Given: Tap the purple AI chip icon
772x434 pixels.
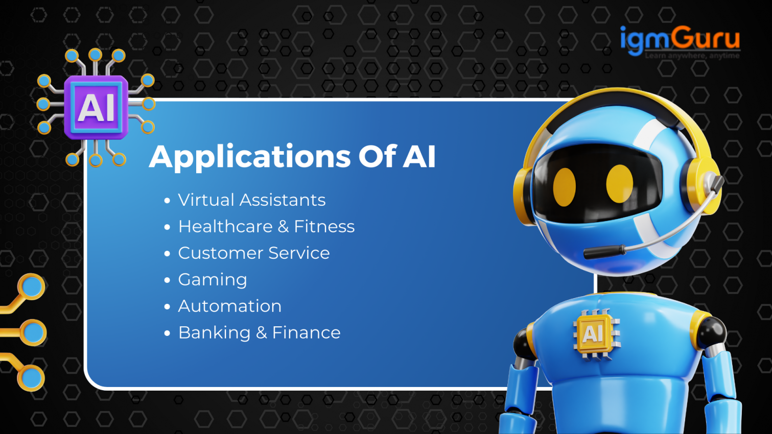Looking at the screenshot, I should coord(96,108).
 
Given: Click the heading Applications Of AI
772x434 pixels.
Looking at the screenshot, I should coord(292,156).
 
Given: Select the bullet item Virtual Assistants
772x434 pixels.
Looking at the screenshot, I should coord(251,200).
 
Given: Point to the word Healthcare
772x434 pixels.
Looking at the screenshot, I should coord(225,226).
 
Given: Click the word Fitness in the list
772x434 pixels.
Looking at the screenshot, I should coord(324,226).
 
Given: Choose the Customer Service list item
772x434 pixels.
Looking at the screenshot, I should coord(253,253).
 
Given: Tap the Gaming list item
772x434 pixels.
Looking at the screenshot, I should coord(212,280).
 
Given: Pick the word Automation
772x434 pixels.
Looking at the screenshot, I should coord(229,306).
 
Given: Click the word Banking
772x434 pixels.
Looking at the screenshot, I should coord(214,333).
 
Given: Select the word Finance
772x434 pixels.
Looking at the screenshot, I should coord(306,333).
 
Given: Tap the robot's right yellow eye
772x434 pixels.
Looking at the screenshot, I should coord(619,183).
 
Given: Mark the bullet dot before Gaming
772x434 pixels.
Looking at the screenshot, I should coord(167,280).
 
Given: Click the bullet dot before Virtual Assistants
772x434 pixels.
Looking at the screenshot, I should coord(167,201).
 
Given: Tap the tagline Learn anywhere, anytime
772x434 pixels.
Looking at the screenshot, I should coord(692,56).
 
